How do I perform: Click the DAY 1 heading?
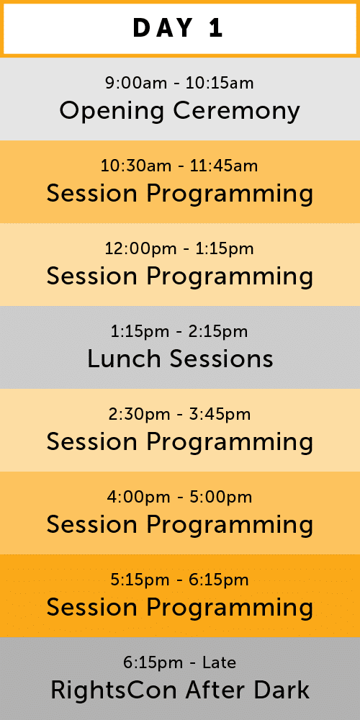[178, 29]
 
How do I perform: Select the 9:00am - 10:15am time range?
[179, 83]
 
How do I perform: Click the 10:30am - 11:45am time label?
[179, 166]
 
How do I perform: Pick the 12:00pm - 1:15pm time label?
[179, 249]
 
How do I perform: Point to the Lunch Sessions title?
[180, 359]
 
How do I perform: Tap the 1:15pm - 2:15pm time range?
[179, 331]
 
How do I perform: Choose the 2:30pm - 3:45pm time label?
[179, 414]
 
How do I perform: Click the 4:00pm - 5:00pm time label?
[179, 497]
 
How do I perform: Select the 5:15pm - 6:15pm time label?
[179, 580]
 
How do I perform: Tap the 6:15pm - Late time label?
[179, 662]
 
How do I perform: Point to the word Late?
[220, 662]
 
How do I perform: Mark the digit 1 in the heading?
[216, 29]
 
